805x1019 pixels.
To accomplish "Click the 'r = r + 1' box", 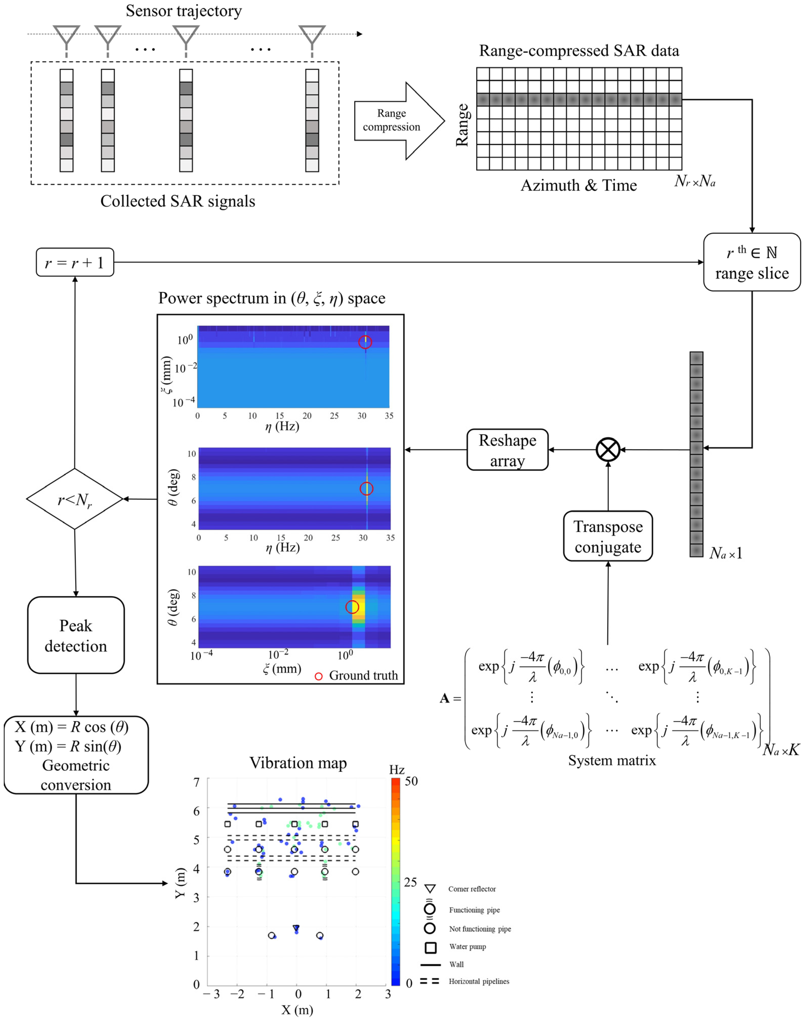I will click(x=75, y=262).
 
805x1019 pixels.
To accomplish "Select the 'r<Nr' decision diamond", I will click(x=74, y=499).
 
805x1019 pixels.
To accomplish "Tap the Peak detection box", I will click(x=76, y=635).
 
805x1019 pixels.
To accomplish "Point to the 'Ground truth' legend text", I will click(x=363, y=675).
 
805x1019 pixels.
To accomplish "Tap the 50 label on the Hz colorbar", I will click(x=411, y=781).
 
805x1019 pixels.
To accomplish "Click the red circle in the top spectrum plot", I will click(x=365, y=342).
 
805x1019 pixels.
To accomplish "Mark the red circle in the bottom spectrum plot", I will click(x=352, y=607).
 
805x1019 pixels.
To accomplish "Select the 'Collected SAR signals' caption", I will click(x=178, y=201).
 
